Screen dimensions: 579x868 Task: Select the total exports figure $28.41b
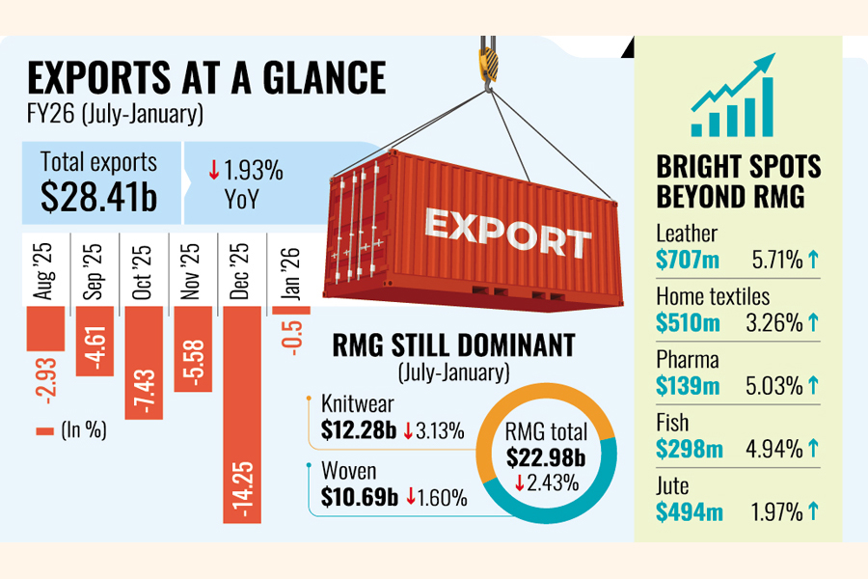(x=99, y=197)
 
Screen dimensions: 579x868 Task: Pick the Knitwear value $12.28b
(x=358, y=429)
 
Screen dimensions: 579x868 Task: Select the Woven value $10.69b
(x=359, y=498)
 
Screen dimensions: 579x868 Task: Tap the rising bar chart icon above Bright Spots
(x=733, y=96)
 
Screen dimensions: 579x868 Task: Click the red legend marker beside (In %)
(x=44, y=431)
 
